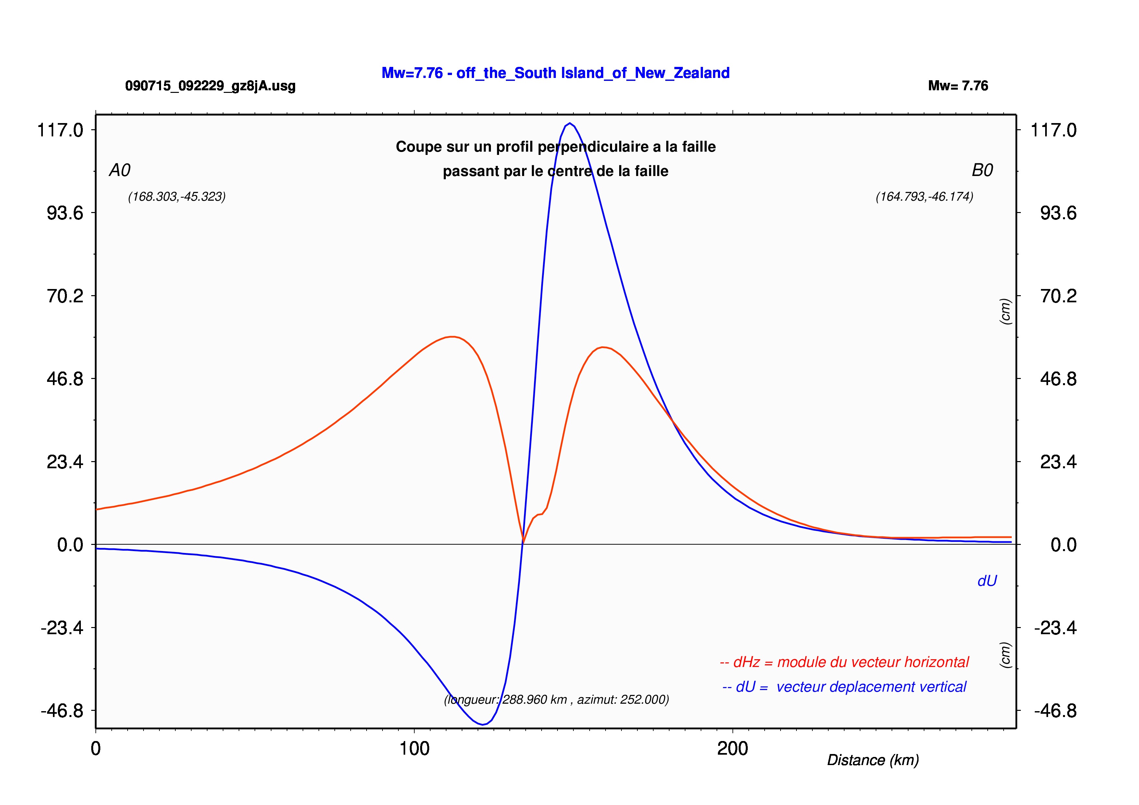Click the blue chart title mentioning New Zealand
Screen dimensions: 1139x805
[555, 73]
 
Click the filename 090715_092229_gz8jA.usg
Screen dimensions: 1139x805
[210, 86]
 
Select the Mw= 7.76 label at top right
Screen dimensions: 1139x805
[958, 86]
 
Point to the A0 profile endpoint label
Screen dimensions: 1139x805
[119, 170]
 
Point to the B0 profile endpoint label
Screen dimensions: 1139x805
[982, 170]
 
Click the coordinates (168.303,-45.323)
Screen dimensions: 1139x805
[177, 197]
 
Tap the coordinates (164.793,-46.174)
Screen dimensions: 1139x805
[924, 197]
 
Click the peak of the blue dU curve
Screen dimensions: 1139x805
[570, 123]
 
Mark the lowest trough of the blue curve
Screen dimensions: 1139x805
[482, 725]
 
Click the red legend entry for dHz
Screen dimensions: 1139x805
[844, 662]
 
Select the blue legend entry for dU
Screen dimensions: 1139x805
[844, 687]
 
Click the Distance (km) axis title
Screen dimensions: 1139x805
[873, 761]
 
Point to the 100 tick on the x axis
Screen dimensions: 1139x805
[414, 748]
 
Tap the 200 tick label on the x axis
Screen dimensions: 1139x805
[733, 748]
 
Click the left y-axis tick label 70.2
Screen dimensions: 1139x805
[65, 296]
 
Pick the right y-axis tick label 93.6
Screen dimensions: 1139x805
[1058, 213]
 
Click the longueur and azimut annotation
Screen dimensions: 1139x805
[556, 700]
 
